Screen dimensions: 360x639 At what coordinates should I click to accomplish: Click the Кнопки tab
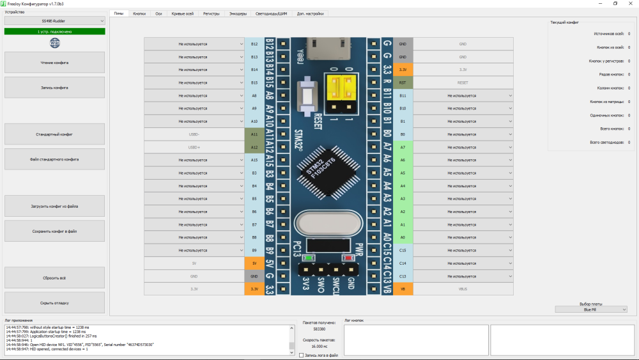pyautogui.click(x=139, y=13)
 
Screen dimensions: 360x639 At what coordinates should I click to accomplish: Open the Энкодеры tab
pyautogui.click(x=238, y=13)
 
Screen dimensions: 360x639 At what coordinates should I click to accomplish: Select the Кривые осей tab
pyautogui.click(x=183, y=13)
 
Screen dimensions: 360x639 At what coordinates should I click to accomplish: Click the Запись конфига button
pyautogui.click(x=54, y=88)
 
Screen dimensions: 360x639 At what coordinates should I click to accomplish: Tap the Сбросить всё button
pyautogui.click(x=54, y=278)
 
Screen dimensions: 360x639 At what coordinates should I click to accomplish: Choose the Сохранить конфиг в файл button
pyautogui.click(x=54, y=231)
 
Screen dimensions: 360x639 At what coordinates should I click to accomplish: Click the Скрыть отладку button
pyautogui.click(x=54, y=302)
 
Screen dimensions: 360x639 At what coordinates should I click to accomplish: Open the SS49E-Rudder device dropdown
pyautogui.click(x=54, y=20)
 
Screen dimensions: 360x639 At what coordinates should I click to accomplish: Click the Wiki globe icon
pyautogui.click(x=54, y=43)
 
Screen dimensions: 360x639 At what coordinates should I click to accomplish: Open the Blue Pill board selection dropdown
pyautogui.click(x=591, y=309)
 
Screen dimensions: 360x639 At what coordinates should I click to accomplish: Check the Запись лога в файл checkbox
pyautogui.click(x=302, y=355)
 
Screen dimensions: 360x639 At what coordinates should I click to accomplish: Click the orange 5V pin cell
pyautogui.click(x=254, y=263)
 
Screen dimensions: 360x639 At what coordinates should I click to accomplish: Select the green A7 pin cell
pyautogui.click(x=403, y=147)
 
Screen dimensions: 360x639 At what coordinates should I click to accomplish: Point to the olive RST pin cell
pyautogui.click(x=403, y=82)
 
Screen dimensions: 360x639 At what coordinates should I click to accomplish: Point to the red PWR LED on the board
pyautogui.click(x=349, y=258)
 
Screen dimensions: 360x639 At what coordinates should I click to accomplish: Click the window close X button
pyautogui.click(x=631, y=3)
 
